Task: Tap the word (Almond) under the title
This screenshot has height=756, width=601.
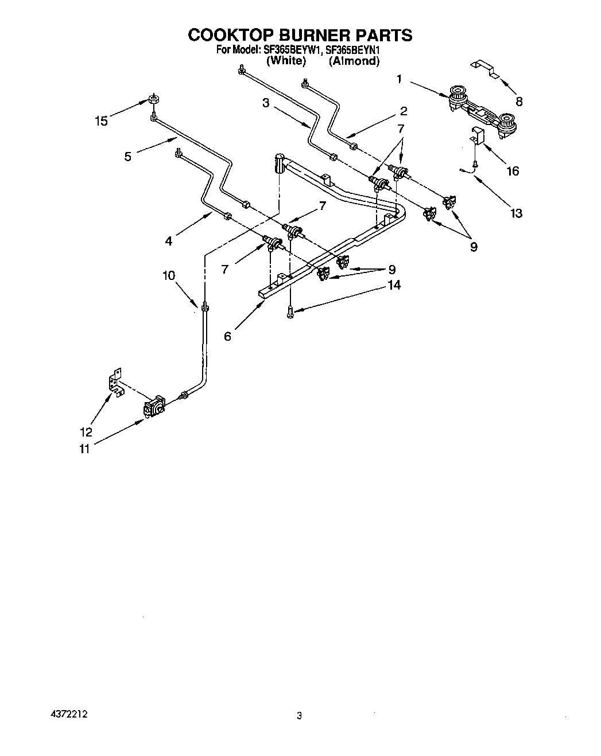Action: point(354,61)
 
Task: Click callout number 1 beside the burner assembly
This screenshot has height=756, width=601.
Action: point(399,79)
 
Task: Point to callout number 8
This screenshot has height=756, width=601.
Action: point(519,102)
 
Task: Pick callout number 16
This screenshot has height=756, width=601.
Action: point(512,171)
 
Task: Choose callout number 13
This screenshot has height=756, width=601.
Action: point(516,213)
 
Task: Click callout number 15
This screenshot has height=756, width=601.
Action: point(101,121)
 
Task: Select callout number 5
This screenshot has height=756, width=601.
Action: point(127,155)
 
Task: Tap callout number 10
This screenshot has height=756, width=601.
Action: point(169,275)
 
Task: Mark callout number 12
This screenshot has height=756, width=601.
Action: point(86,432)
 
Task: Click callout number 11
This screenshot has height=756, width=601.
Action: point(84,450)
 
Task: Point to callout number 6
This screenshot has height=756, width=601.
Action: point(228,337)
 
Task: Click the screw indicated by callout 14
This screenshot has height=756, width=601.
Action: point(290,311)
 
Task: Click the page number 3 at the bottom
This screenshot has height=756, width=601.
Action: point(299,716)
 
